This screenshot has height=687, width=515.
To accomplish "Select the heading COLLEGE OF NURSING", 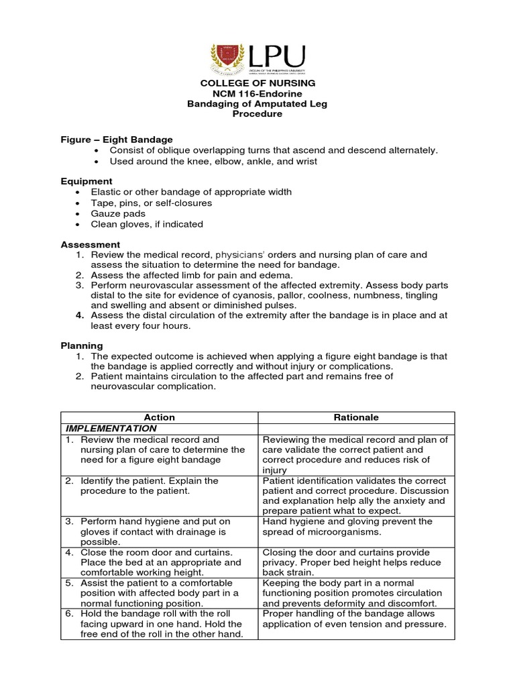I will [257, 83].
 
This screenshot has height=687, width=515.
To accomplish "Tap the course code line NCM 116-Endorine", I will [257, 93].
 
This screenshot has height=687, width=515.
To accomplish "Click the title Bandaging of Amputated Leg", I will [257, 103].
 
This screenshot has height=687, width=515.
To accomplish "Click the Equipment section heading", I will [87, 181].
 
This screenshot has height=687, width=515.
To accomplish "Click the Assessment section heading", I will [91, 245].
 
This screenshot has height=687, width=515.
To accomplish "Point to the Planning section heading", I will [82, 346].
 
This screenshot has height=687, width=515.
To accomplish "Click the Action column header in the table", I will [159, 417].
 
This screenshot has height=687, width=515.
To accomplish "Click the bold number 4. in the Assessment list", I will [79, 316].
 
